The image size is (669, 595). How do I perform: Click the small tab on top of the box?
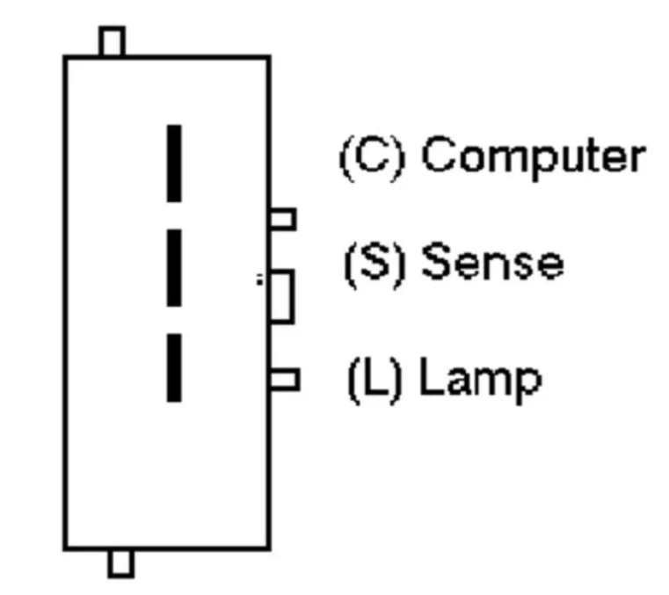[113, 41]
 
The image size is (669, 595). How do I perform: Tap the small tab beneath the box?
[121, 564]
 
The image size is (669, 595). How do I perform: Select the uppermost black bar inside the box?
[174, 163]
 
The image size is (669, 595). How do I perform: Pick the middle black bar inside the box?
[174, 268]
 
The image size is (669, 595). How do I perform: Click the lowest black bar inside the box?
[174, 367]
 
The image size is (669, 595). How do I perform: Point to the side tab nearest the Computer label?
[283, 219]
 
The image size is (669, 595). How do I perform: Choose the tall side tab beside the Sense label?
[282, 296]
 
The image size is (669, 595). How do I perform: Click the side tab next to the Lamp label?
[285, 380]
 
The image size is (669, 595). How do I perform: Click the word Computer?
[534, 157]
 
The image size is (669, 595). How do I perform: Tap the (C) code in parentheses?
[372, 158]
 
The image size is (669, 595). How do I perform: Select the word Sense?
[493, 260]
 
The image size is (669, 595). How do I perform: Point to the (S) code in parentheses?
[374, 264]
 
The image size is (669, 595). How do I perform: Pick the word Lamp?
[481, 380]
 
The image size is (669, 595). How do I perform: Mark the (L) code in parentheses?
[374, 379]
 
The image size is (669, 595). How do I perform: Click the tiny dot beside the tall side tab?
[259, 279]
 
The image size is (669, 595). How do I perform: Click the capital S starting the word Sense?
[436, 260]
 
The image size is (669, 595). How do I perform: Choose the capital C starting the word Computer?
[440, 154]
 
